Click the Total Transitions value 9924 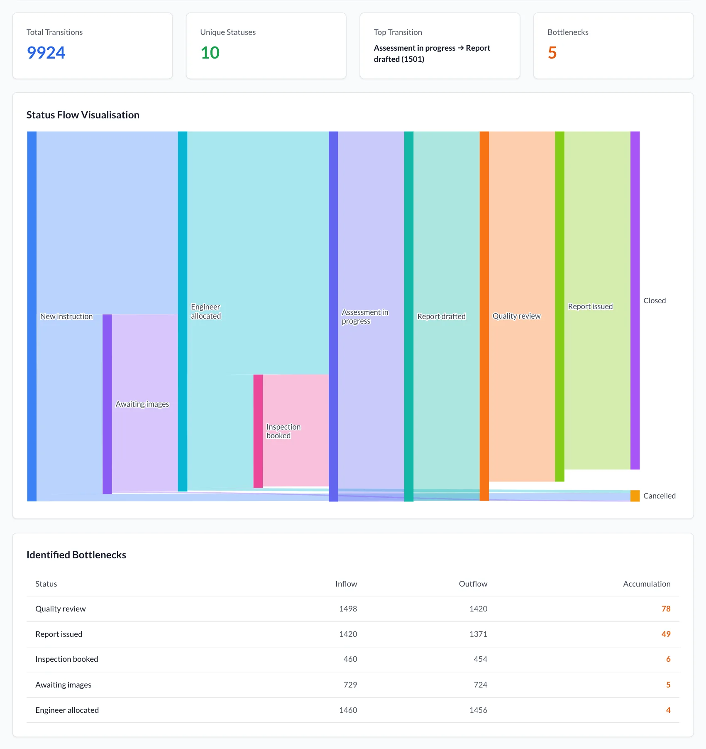click(46, 53)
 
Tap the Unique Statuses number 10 click(210, 53)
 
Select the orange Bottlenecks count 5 click(552, 53)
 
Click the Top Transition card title click(398, 32)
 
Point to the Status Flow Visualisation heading click(83, 115)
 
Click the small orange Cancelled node click(635, 496)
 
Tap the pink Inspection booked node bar click(258, 431)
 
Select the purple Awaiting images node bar click(107, 404)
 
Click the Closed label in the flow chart click(655, 301)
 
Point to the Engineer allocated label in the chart click(206, 312)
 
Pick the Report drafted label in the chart click(441, 317)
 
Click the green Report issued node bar click(559, 307)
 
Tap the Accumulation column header click(647, 584)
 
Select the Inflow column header click(346, 584)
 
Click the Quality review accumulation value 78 click(666, 609)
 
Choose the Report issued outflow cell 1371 click(478, 634)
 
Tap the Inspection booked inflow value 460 click(350, 659)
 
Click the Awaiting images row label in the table click(64, 685)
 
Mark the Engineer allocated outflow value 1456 click(478, 710)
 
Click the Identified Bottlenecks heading click(76, 555)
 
